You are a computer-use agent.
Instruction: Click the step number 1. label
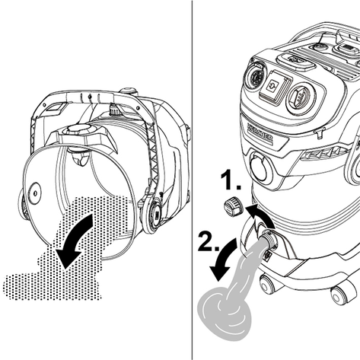231,180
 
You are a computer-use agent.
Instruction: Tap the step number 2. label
209,241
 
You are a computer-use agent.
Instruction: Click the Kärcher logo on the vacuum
260,132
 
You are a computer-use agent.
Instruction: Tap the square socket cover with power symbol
275,85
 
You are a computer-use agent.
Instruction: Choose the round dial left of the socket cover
254,77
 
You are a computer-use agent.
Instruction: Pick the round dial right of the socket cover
301,97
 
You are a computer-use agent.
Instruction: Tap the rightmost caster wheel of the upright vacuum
340,295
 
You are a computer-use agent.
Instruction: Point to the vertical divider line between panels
192,180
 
